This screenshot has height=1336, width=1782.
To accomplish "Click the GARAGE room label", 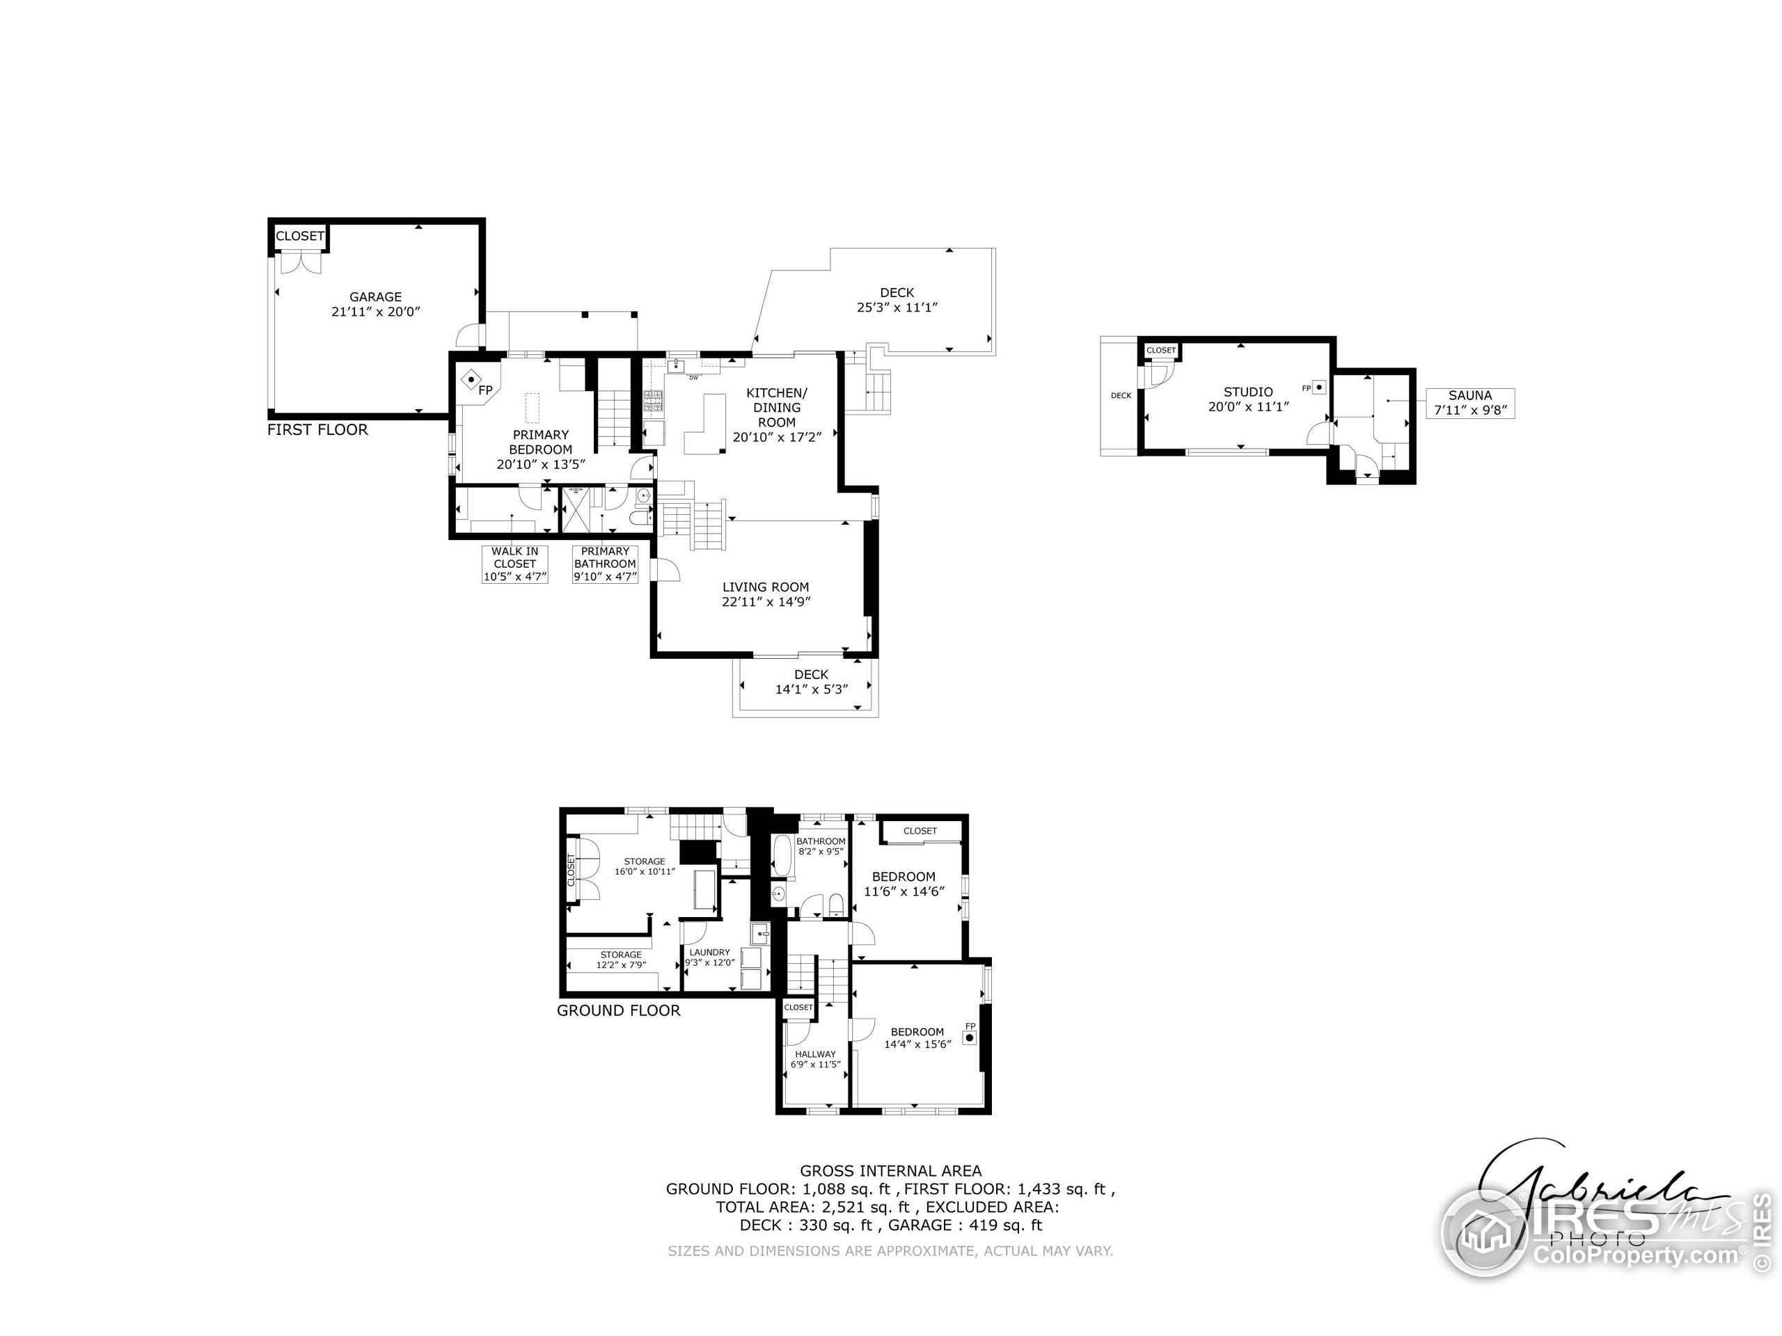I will coord(375,297).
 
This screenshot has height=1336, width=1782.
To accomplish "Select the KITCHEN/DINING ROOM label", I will coord(777,408).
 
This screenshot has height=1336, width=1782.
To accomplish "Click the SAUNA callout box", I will coord(1469,403).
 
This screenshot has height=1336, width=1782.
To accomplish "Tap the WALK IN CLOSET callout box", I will coord(515,564).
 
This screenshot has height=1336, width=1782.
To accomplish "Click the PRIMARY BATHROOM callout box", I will coord(605,564).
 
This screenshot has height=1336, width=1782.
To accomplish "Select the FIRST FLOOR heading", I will coord(317,430).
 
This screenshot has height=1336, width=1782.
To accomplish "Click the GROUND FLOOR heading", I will coord(618,1010).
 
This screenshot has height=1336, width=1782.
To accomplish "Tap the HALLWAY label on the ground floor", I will coord(815,1054).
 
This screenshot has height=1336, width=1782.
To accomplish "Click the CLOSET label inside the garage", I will coord(300,236).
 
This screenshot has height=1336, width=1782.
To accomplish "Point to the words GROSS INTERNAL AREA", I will coord(890,1171).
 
